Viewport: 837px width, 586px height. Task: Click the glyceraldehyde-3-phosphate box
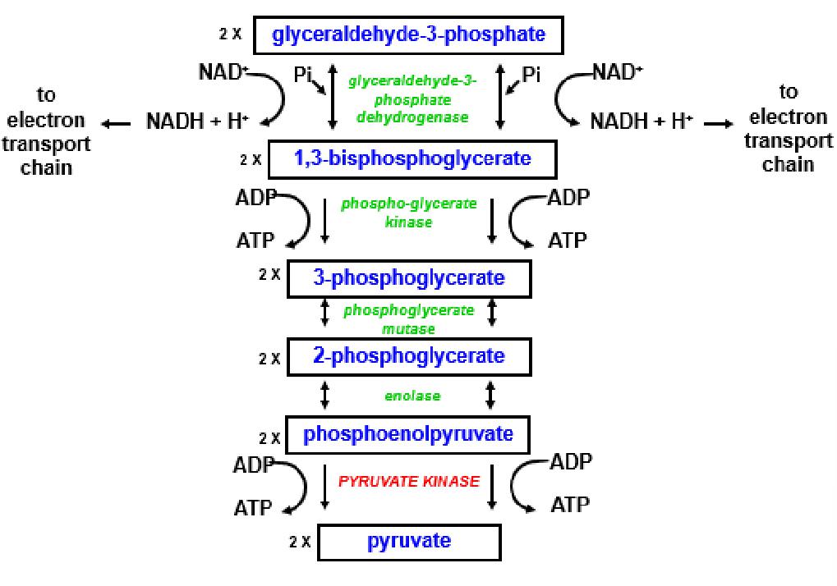click(x=408, y=35)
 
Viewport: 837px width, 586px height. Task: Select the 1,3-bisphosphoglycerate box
click(x=412, y=158)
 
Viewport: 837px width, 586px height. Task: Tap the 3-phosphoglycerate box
click(x=408, y=278)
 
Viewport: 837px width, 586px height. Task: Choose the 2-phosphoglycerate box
click(x=408, y=356)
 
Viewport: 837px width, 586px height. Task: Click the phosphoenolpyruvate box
click(x=408, y=434)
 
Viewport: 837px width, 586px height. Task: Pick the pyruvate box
click(x=409, y=542)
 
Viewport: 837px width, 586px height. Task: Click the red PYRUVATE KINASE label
click(x=408, y=482)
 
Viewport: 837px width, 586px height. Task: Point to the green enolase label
click(x=412, y=396)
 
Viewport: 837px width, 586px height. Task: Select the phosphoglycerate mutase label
click(x=408, y=319)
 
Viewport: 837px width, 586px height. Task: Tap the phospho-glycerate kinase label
click(x=408, y=213)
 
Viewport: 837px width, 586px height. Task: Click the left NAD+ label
click(x=223, y=72)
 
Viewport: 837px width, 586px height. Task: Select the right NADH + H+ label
click(x=642, y=121)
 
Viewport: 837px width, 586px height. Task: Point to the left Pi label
click(x=303, y=75)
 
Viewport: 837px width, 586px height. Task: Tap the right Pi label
click(x=531, y=75)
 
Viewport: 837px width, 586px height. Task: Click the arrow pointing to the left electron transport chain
click(x=117, y=124)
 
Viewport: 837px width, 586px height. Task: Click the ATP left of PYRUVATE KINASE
click(x=252, y=508)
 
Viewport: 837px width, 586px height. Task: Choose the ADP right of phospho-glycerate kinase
click(x=568, y=199)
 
